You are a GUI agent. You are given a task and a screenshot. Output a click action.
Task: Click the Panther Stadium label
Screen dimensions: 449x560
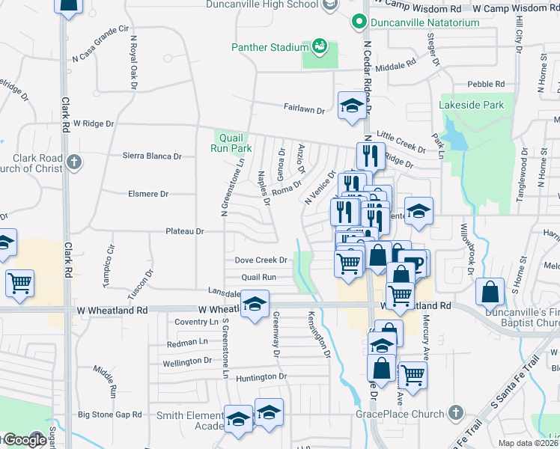point(269,48)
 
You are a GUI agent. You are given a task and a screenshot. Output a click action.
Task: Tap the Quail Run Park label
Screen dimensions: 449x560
point(231,142)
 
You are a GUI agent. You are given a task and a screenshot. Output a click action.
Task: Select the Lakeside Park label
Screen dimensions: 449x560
point(472,106)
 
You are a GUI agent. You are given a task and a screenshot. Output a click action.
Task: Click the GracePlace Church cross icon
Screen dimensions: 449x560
point(455,413)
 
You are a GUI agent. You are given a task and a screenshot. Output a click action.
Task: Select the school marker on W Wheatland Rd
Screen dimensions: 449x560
point(255,304)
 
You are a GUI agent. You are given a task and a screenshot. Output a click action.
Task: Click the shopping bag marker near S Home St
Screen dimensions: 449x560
point(490,290)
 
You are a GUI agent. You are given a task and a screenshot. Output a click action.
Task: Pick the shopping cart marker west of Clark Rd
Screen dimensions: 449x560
point(19,283)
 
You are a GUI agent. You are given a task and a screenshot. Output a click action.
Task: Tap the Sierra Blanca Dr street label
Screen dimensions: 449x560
point(153,156)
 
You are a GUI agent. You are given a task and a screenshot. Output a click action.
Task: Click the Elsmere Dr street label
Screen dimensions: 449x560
point(148,194)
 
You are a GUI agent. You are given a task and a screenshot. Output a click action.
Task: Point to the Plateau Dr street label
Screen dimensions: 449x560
point(185,232)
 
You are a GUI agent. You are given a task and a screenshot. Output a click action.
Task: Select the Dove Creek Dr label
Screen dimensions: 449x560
point(261,260)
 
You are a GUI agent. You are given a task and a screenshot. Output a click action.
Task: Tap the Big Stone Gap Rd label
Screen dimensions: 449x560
point(110,414)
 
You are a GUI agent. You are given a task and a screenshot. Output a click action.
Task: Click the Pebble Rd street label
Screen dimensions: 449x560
point(486,85)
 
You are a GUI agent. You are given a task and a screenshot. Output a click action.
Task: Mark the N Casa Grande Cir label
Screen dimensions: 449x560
point(101,44)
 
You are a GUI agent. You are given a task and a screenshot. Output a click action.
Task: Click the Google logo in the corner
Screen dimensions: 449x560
point(24,440)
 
